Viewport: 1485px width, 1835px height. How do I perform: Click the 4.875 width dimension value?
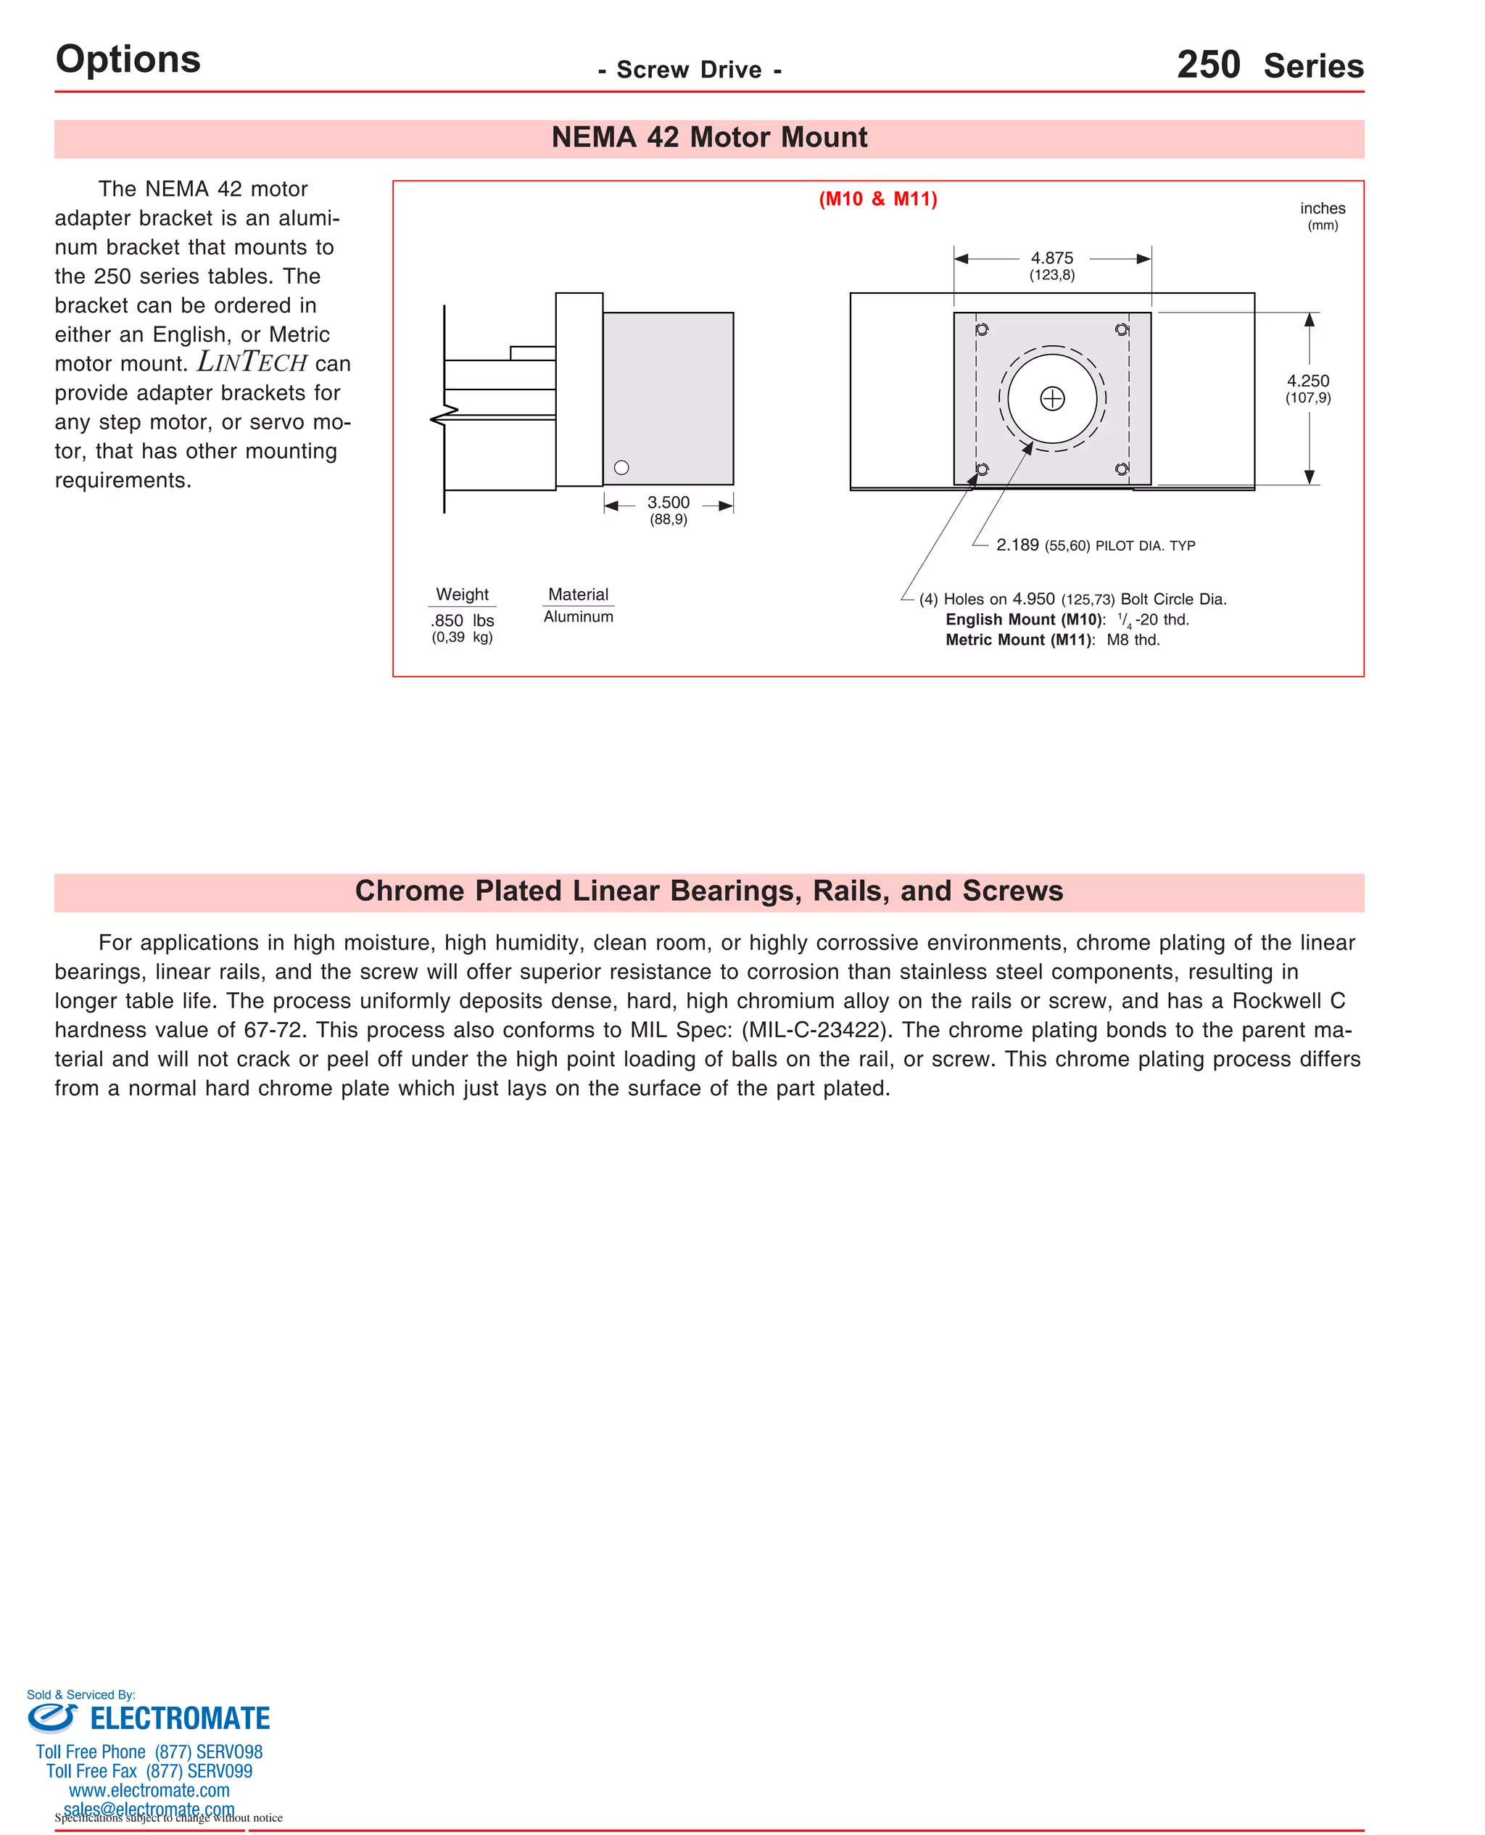point(1051,257)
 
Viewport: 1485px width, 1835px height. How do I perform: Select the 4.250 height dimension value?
point(1307,381)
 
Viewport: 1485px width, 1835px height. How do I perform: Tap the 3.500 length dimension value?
point(668,502)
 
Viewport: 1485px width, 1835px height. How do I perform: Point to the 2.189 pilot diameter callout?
point(1017,545)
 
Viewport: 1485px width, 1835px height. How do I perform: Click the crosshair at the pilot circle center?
point(1052,399)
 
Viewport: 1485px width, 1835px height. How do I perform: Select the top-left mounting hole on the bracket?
point(982,329)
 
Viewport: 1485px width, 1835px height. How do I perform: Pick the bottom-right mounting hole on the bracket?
point(1122,469)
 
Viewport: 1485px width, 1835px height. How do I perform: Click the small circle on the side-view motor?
point(622,468)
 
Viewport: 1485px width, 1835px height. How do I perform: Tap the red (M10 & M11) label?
point(877,199)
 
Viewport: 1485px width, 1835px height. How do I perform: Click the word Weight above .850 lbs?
point(462,594)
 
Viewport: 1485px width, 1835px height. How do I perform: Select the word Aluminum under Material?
point(578,617)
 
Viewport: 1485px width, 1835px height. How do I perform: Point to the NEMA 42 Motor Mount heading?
point(709,137)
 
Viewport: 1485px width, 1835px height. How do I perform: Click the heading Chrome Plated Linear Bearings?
point(709,891)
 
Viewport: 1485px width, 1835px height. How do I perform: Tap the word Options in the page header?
point(128,59)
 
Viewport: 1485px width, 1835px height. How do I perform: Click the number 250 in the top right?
point(1208,65)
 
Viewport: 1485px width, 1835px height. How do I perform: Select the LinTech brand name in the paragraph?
point(252,363)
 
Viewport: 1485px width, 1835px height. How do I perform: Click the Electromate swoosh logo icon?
point(52,1717)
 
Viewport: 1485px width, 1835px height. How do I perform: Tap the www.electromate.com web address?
point(149,1791)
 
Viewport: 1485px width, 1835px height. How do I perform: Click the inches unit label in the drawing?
point(1322,208)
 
